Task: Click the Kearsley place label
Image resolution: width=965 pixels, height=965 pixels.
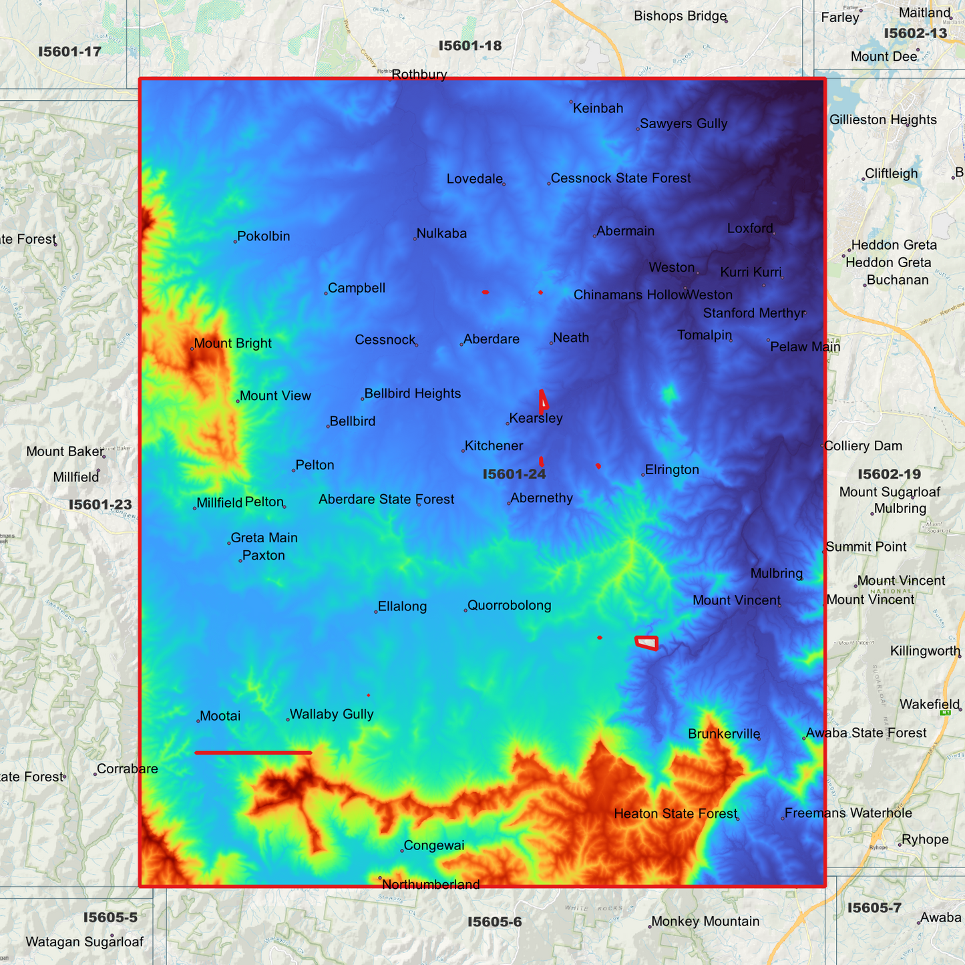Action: pos(536,419)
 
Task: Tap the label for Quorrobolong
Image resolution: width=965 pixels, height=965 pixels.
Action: pos(509,606)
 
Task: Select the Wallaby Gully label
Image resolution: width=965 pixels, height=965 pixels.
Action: pos(331,715)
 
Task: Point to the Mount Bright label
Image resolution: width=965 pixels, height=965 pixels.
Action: pos(232,344)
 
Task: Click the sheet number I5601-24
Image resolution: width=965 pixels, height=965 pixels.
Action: pos(514,474)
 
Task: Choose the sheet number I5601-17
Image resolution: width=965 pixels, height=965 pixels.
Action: pos(69,51)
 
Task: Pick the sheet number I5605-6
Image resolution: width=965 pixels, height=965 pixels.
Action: pos(494,922)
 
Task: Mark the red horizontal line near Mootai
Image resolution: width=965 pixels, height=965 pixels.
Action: pos(253,753)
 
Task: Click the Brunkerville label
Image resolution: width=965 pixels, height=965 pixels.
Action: pos(724,734)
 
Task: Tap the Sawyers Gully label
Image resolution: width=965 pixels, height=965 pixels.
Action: pos(683,124)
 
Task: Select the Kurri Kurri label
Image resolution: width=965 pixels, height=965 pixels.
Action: pos(751,272)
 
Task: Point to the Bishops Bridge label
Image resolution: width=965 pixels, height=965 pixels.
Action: pos(680,16)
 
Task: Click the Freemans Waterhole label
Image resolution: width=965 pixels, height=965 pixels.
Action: pos(848,813)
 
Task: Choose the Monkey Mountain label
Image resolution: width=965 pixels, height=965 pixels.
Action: pos(705,922)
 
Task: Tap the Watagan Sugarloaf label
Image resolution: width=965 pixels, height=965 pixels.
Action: pos(85,942)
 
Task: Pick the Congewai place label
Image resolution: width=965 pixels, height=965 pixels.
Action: pos(434,845)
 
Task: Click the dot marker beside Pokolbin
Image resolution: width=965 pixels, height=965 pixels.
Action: pos(235,241)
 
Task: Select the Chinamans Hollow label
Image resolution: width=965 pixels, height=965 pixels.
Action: pos(629,295)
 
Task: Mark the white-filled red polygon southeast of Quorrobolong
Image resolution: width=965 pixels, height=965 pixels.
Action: pos(646,642)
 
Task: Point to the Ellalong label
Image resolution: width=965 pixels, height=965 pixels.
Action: pos(402,606)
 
